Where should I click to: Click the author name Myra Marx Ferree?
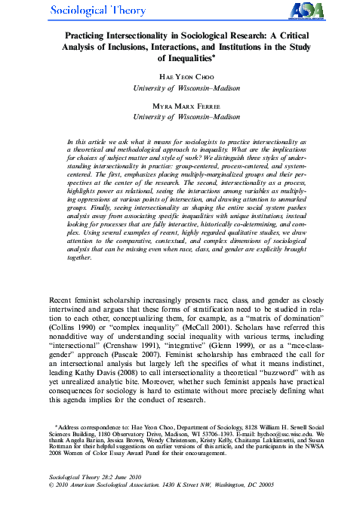pos(180,106)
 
